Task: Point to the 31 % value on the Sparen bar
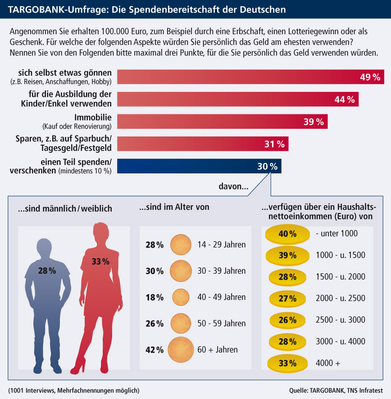[274, 144]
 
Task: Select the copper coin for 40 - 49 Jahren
[181, 297]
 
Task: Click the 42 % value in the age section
[154, 349]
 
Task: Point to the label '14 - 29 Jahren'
[222, 245]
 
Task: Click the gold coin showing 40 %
[287, 234]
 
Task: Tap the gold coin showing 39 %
[287, 255]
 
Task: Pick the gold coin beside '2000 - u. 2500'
[287, 298]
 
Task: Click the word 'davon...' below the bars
[233, 186]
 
